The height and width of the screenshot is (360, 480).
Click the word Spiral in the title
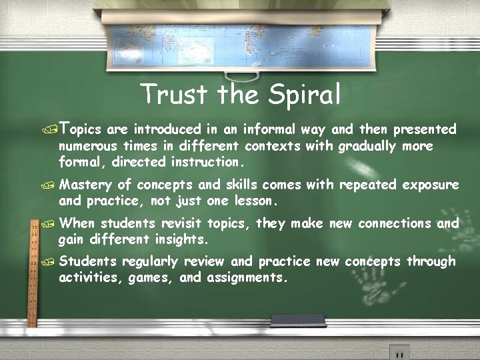pos(304,95)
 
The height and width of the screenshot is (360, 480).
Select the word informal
pos(269,129)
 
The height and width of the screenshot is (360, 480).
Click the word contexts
pos(272,146)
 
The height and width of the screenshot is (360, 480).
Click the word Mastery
pos(85,185)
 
